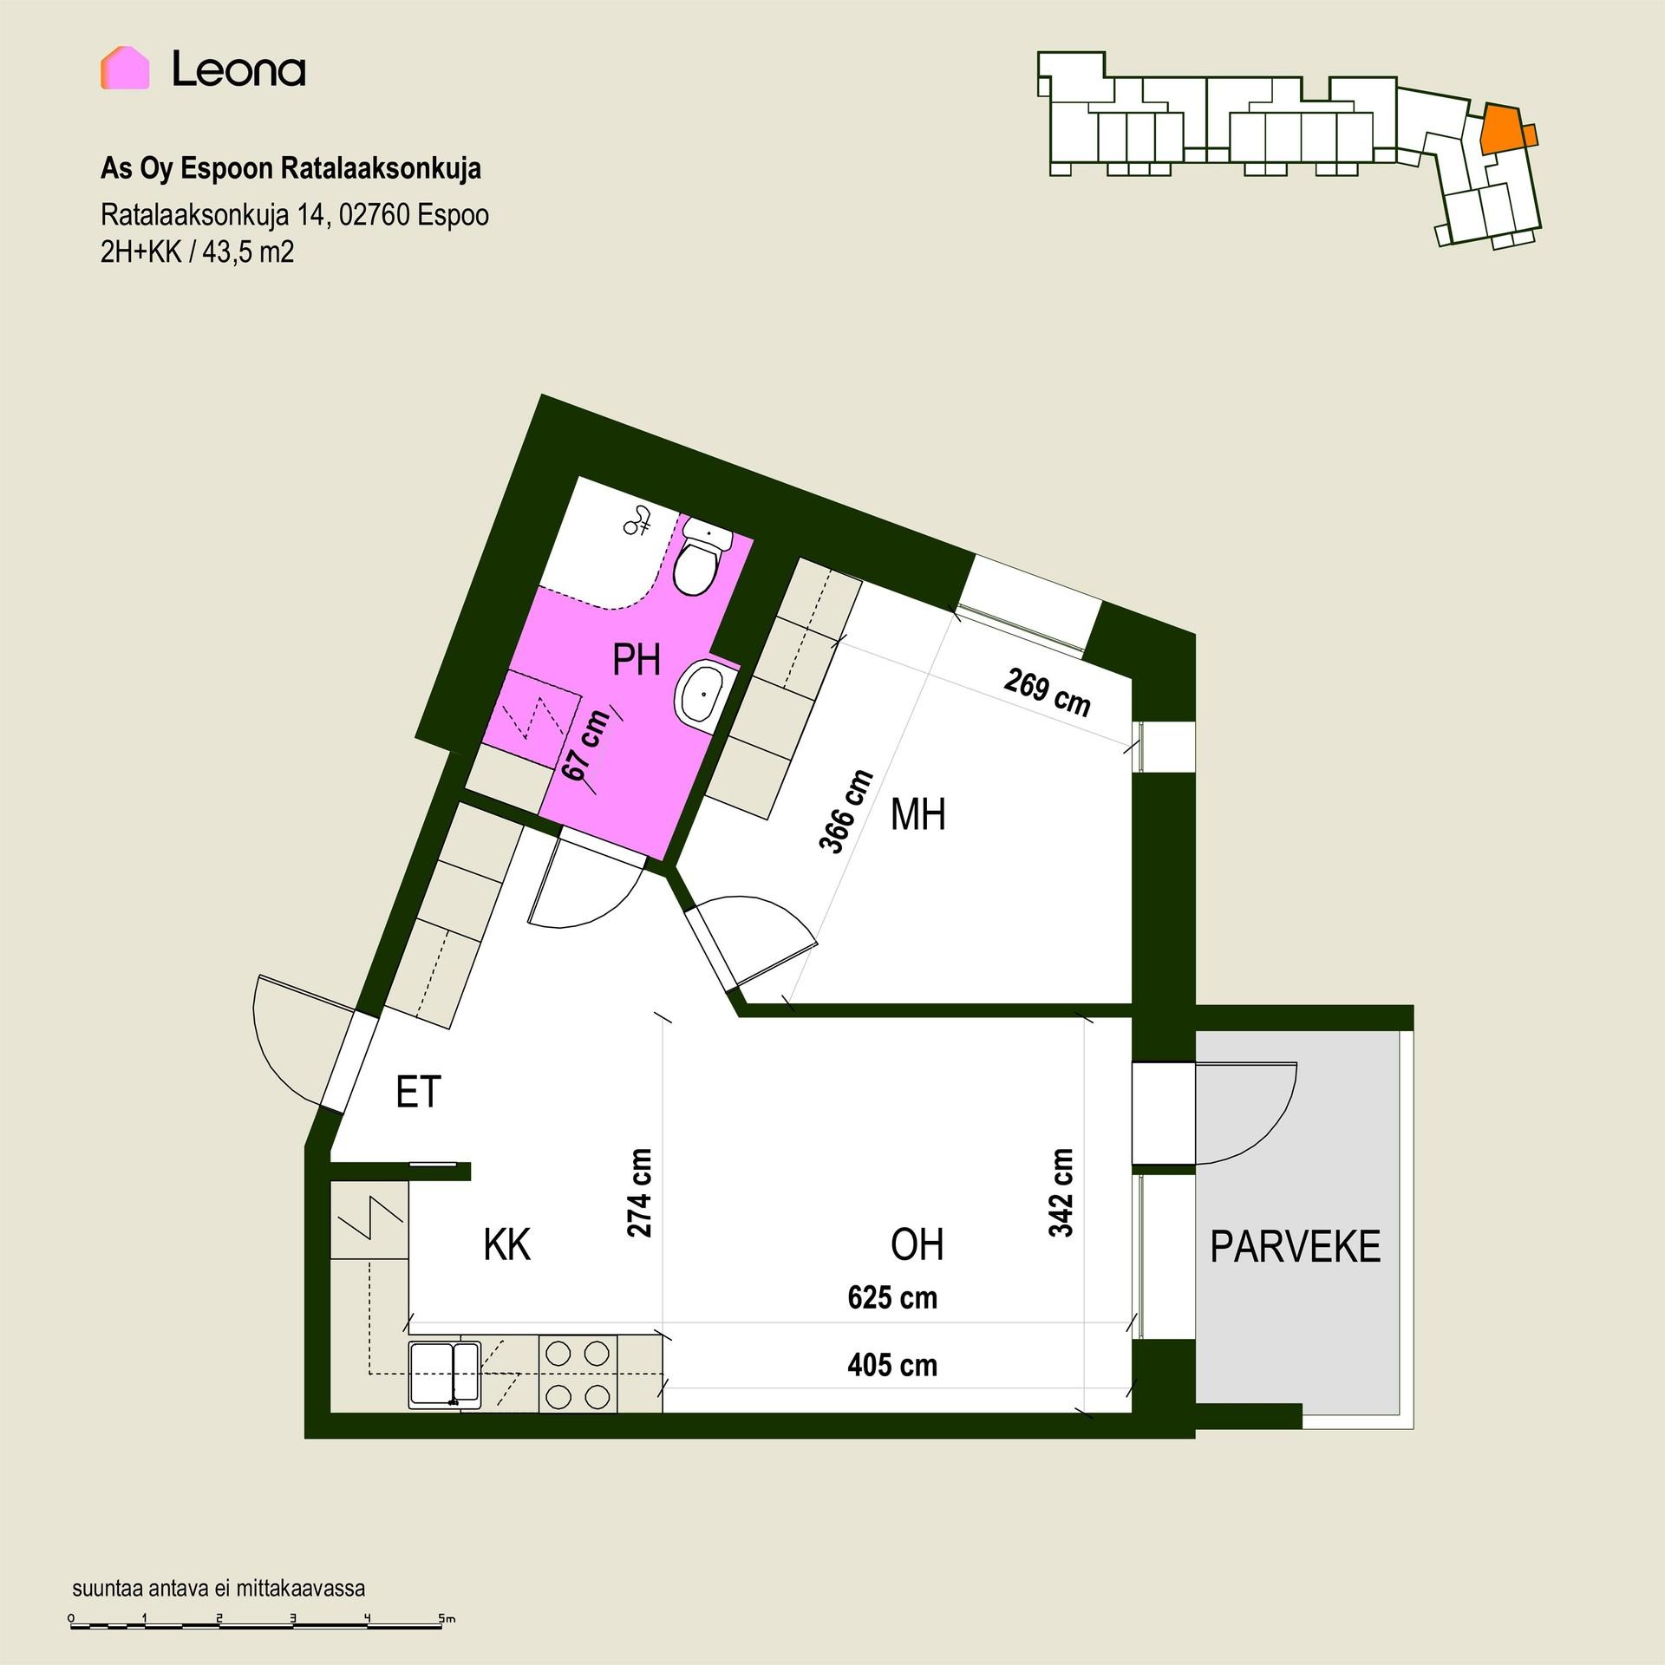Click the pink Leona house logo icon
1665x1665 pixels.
pyautogui.click(x=125, y=69)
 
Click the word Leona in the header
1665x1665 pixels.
pyautogui.click(x=238, y=70)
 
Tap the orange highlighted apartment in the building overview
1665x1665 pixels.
pyautogui.click(x=1505, y=129)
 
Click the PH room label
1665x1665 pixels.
pyautogui.click(x=637, y=661)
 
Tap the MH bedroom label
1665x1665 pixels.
pyautogui.click(x=917, y=816)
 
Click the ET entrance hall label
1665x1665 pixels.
pyautogui.click(x=418, y=1092)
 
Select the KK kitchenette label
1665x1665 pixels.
pyautogui.click(x=506, y=1245)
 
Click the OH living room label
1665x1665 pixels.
pyautogui.click(x=917, y=1245)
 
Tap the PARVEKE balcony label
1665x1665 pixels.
pyautogui.click(x=1295, y=1247)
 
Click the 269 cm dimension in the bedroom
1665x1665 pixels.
pyautogui.click(x=1048, y=692)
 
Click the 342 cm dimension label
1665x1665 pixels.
pyautogui.click(x=1061, y=1192)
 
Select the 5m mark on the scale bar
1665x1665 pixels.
pyautogui.click(x=445, y=1618)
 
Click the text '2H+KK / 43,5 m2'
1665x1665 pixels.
pyautogui.click(x=198, y=251)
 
